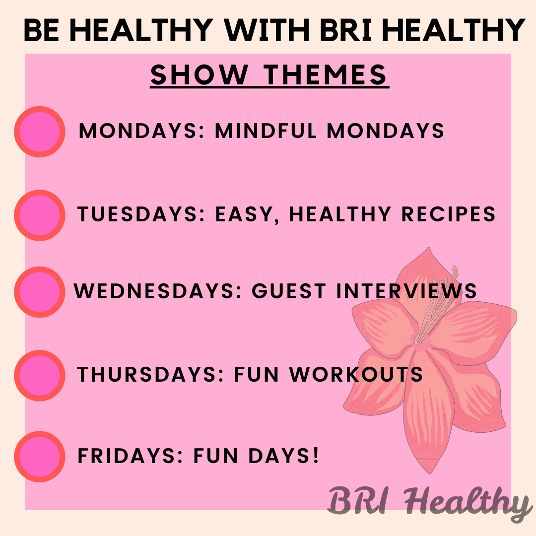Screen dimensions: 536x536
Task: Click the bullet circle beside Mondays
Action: [40, 132]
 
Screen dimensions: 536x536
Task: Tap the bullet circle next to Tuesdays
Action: [40, 215]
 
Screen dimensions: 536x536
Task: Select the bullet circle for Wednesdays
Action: [40, 292]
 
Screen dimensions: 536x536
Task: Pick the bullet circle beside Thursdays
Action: [40, 375]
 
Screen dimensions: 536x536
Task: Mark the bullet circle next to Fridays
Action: [40, 457]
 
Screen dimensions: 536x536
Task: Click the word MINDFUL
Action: [266, 131]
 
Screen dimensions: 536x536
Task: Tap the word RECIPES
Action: [448, 214]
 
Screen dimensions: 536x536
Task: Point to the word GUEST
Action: [288, 291]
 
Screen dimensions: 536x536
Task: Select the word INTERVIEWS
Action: [406, 291]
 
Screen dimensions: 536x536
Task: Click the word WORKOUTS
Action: [356, 374]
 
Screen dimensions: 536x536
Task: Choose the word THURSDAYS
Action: [150, 374]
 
